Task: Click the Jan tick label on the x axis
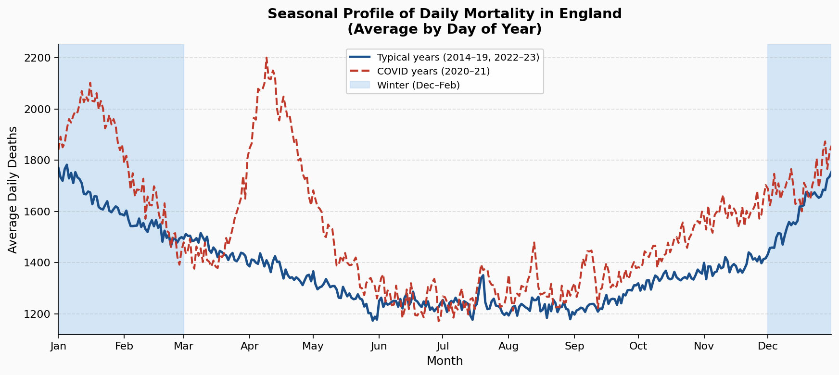tap(58, 346)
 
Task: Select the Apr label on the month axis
tap(249, 346)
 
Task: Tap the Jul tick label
tap(443, 346)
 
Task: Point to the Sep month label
tap(574, 346)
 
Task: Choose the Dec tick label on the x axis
tap(767, 346)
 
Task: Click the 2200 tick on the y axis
tap(38, 58)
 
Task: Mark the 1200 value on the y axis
tap(38, 314)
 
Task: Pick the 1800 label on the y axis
tap(38, 161)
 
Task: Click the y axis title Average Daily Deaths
tap(13, 189)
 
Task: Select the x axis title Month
tap(445, 361)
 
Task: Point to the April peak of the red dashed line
tap(267, 58)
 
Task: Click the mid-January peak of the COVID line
tap(90, 82)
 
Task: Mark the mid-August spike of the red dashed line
tap(534, 243)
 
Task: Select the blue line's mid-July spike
tap(483, 275)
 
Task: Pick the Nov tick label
tap(704, 346)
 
